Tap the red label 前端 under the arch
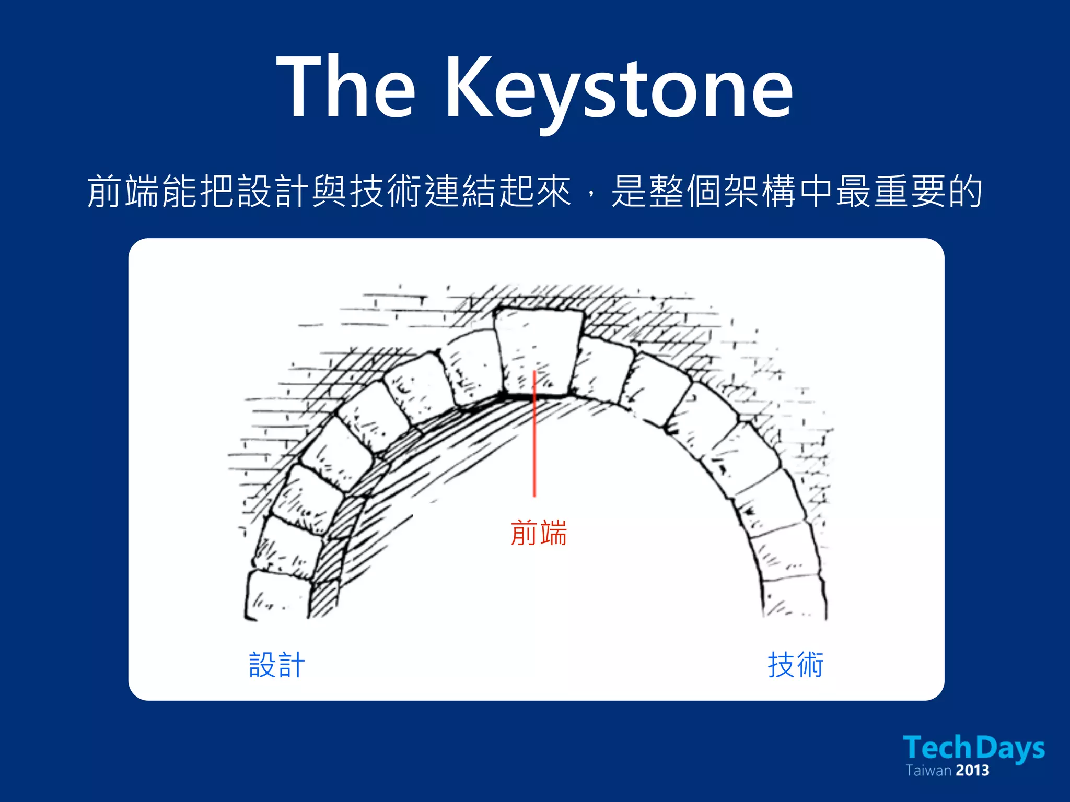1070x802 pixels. [x=539, y=533]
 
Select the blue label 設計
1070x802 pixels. [x=277, y=665]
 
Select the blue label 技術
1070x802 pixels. [x=796, y=665]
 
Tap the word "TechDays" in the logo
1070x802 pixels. [x=973, y=748]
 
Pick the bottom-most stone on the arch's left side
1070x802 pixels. [x=276, y=595]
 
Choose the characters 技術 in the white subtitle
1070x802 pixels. [x=386, y=192]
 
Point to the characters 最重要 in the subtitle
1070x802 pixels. [x=891, y=192]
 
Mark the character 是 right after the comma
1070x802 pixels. [x=629, y=192]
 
